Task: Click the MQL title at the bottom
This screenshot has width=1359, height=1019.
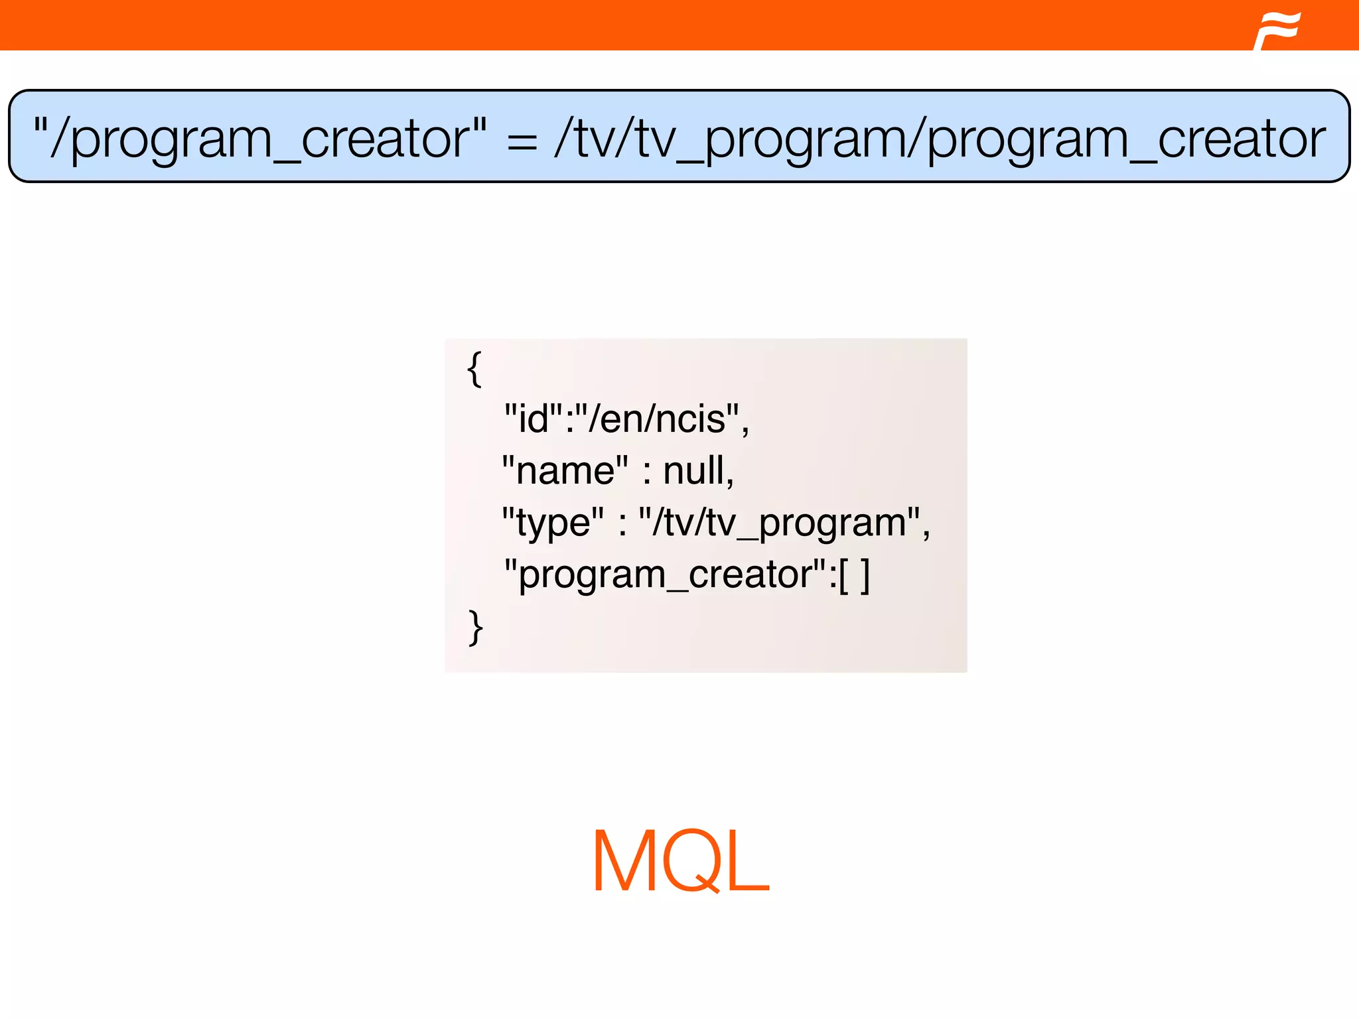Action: click(x=680, y=862)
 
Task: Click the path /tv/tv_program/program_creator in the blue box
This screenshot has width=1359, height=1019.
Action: click(x=940, y=138)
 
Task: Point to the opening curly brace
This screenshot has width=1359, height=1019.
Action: click(x=474, y=369)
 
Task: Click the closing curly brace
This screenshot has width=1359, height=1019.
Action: click(x=475, y=627)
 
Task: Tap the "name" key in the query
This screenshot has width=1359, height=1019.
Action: click(x=565, y=470)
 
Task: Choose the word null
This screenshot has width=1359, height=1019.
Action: click(x=693, y=470)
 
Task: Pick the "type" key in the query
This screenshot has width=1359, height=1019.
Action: click(x=553, y=522)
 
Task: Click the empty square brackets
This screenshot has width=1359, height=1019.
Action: click(x=854, y=575)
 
